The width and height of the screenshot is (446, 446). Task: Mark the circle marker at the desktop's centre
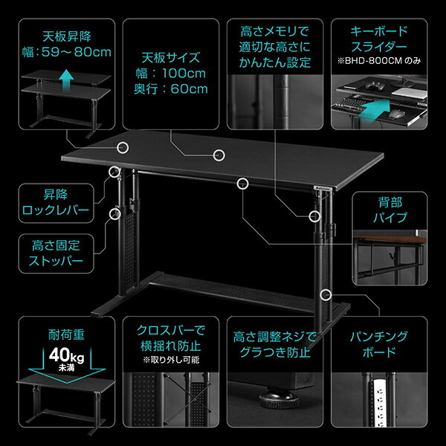click(219, 155)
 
